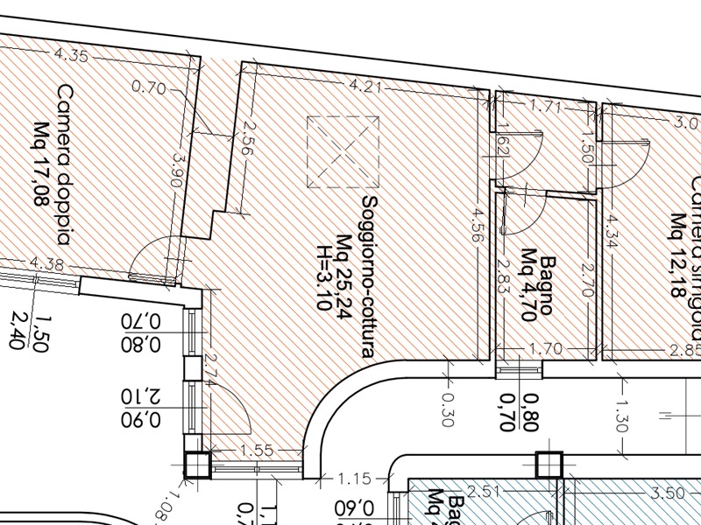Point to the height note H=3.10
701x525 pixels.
point(323,254)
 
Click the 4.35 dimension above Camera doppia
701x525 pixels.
point(71,55)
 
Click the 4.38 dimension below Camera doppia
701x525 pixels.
point(46,262)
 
